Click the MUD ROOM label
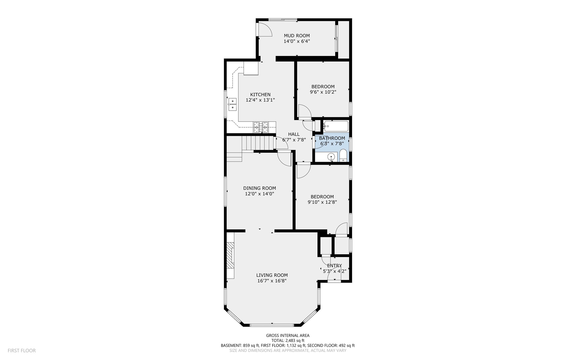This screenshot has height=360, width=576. pos(296,36)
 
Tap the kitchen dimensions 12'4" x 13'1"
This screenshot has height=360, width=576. pos(260,100)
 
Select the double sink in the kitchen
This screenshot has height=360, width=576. pos(232,104)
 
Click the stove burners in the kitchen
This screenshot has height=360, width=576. pos(261,127)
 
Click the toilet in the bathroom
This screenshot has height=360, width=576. pos(343,156)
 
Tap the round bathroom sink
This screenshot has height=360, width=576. pos(331,157)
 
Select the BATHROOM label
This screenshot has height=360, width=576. pos(332,138)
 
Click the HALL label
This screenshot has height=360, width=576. pos(294,134)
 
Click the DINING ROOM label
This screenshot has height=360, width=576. pos(260,188)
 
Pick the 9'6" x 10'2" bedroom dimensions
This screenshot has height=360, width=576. pos(323,92)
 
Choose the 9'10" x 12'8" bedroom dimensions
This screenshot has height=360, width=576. pos(322,202)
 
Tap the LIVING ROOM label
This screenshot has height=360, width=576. pos(272,275)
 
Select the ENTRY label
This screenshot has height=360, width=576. pos(334,266)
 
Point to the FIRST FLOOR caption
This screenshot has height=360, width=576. pos(22,351)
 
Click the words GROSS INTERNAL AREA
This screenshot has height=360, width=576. pos(288,336)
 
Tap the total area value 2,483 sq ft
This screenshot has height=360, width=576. pos(295,341)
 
